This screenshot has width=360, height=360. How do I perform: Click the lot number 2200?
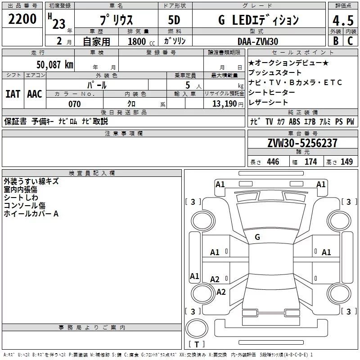click(22, 19)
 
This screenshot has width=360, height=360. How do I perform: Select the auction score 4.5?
click(342, 21)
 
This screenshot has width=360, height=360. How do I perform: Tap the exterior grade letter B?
click(335, 40)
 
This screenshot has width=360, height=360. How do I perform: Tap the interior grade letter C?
click(351, 40)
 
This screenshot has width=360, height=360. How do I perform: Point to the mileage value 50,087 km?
click(55, 64)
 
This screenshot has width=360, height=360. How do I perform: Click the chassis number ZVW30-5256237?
click(302, 143)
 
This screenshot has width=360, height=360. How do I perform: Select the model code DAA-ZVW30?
click(258, 41)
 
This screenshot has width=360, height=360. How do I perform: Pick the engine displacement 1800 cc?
click(137, 41)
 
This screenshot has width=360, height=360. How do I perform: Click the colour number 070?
click(74, 104)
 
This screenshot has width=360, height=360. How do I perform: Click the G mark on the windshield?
click(257, 237)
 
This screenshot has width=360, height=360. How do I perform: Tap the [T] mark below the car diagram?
click(197, 344)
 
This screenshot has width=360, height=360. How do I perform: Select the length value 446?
click(273, 162)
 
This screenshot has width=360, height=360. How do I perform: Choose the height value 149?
click(346, 162)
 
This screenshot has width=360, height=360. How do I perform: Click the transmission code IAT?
click(13, 94)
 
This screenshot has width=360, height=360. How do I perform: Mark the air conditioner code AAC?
click(34, 94)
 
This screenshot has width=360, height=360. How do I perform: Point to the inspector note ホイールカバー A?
click(31, 214)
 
